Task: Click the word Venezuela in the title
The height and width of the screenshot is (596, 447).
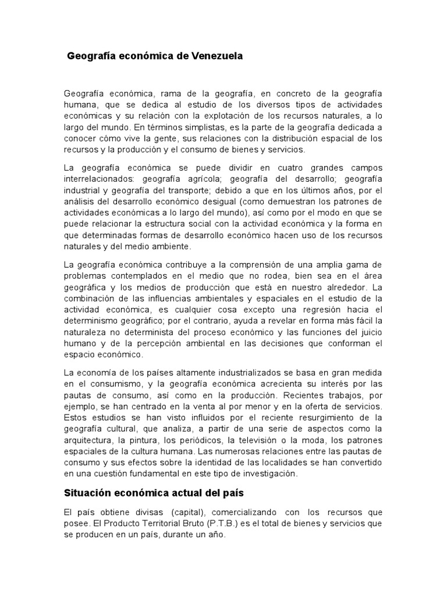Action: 213,56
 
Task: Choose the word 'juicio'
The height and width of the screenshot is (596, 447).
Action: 369,332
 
